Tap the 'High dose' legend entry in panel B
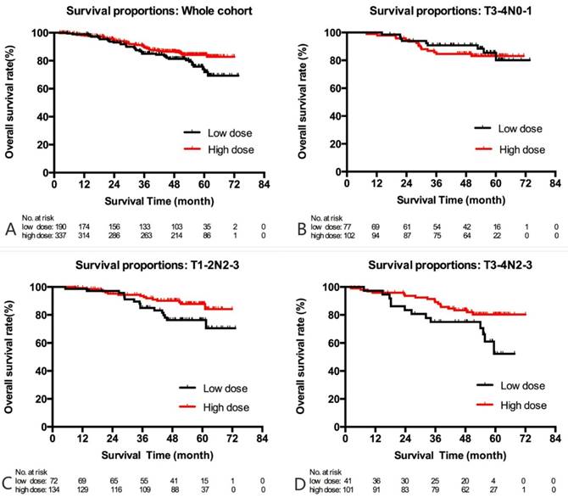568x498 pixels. pyautogui.click(x=520, y=148)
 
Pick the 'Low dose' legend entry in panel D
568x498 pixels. pyautogui.click(x=520, y=384)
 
